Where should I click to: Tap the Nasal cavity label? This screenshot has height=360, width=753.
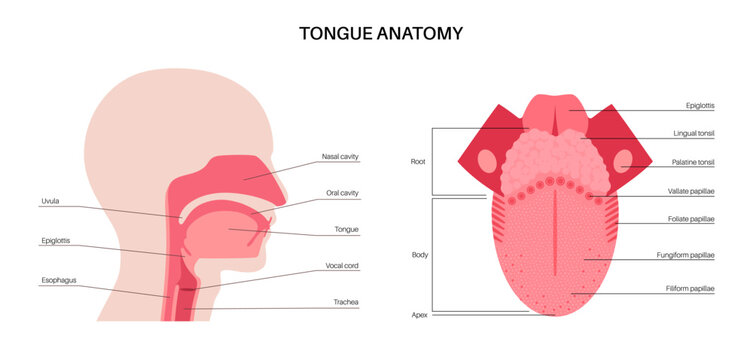pos(340,157)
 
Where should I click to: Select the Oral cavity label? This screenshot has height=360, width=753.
pos(342,193)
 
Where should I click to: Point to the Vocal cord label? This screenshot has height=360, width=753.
pos(342,266)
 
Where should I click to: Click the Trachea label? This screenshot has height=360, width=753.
pos(345,302)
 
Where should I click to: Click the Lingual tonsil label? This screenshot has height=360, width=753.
pos(693,133)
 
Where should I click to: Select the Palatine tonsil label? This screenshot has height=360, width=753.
pos(693,162)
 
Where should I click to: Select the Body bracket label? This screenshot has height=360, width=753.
pos(420,255)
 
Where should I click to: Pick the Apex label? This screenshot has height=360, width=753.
pos(420,314)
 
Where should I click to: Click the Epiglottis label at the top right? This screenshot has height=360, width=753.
pos(699,104)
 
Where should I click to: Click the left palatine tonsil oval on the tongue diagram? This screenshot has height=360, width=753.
pos(486,161)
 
